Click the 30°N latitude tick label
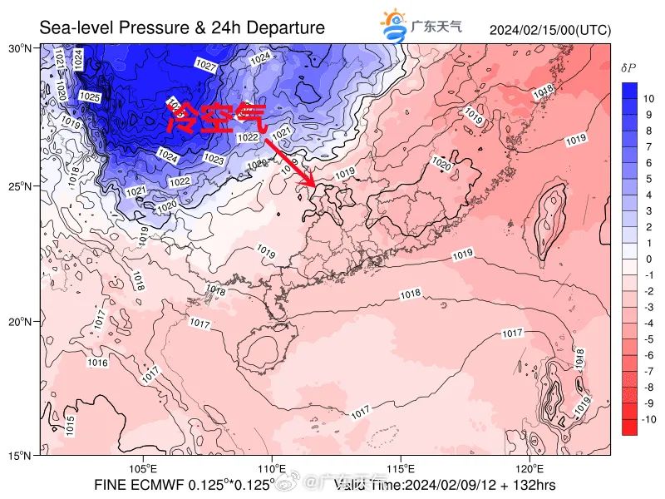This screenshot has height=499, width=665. [20, 48]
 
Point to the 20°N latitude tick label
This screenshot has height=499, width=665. [20, 321]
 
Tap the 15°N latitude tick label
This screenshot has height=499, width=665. [20, 456]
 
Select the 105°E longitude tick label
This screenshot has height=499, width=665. [143, 469]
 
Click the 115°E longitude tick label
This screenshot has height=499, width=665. [401, 469]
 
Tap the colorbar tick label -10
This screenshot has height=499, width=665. [648, 420]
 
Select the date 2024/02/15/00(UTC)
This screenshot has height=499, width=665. [549, 31]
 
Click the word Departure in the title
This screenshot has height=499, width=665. [283, 28]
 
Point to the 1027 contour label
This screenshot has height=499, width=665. [205, 65]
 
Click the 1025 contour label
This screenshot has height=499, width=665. [89, 97]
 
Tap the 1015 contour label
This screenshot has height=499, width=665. [71, 424]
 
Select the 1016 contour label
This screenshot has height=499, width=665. [97, 363]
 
